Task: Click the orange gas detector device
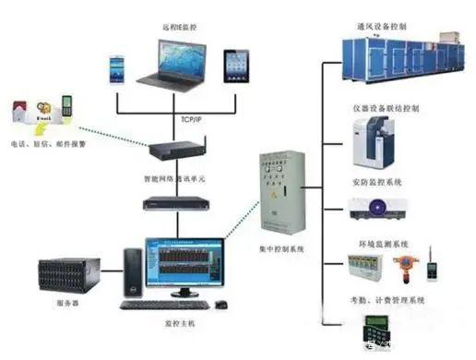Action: tap(402, 267)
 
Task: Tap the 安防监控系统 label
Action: tap(379, 182)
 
